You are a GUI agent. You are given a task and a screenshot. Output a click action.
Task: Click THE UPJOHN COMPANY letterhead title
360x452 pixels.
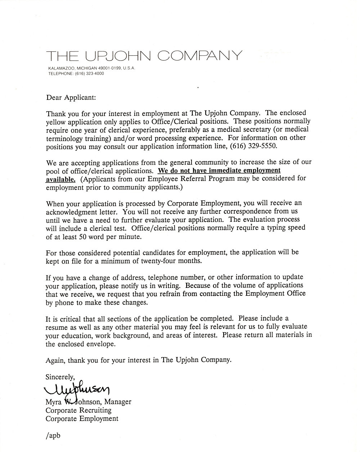(x=144, y=55)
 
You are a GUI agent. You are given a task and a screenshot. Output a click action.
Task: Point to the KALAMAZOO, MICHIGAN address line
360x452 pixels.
(x=92, y=68)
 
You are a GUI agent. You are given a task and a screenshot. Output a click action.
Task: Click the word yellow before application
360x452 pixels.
(x=56, y=122)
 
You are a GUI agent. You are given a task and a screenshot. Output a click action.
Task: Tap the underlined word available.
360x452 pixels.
(x=60, y=179)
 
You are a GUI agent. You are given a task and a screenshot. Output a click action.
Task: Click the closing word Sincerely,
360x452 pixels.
(x=60, y=377)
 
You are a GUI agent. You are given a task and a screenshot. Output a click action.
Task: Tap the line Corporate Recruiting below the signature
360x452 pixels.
(x=78, y=410)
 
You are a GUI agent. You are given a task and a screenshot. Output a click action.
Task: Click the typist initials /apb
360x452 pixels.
(x=53, y=435)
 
